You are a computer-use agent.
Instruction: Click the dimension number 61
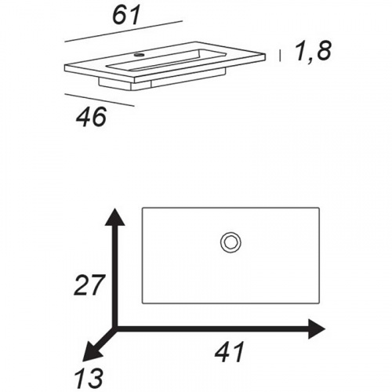(x=126, y=16)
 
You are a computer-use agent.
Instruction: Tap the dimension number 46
(x=92, y=117)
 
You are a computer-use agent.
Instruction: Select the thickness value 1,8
(x=313, y=51)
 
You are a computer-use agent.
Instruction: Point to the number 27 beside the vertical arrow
(x=89, y=285)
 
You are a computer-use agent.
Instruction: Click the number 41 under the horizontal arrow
(x=230, y=351)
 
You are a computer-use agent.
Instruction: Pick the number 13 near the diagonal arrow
(x=89, y=378)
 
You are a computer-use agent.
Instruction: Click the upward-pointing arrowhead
(x=114, y=216)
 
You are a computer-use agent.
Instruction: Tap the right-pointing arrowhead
(x=317, y=329)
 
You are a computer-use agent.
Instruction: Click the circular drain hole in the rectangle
(x=230, y=243)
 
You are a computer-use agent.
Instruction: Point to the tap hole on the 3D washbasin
(x=139, y=55)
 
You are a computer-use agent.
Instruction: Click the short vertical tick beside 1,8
(x=280, y=56)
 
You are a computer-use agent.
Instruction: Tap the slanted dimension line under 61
(x=123, y=31)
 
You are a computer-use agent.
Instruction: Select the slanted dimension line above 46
(x=100, y=100)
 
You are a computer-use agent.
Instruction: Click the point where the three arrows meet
(x=115, y=329)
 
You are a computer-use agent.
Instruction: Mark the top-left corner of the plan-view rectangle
(x=143, y=208)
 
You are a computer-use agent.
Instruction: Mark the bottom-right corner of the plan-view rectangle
(x=319, y=303)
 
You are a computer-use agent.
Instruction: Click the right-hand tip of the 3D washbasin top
(x=266, y=54)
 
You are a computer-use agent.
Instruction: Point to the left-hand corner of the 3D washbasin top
(x=65, y=65)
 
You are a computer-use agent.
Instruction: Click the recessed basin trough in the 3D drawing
(x=167, y=60)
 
